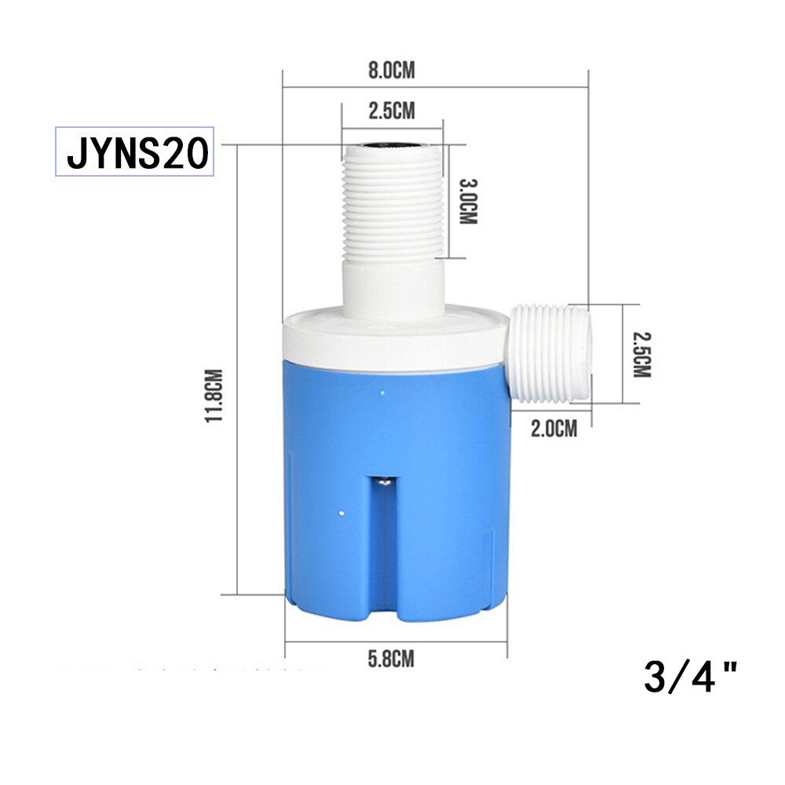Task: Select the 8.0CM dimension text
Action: [391, 71]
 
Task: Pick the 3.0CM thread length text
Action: [468, 202]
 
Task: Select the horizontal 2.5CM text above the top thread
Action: [391, 111]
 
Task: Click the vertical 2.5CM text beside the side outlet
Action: [642, 353]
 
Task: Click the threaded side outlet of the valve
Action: [549, 353]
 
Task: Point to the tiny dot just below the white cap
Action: [382, 390]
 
